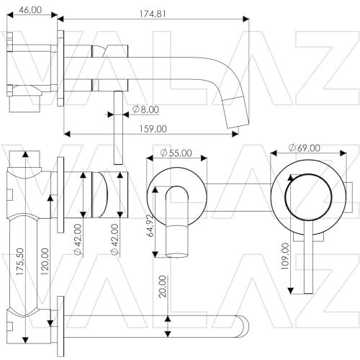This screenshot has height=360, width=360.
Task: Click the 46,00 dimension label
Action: point(30,10)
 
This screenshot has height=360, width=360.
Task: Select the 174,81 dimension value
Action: point(153,14)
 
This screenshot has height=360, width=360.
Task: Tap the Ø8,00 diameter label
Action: point(145,109)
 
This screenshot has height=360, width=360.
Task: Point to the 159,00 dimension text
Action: point(153,129)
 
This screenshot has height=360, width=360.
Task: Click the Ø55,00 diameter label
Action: point(176,153)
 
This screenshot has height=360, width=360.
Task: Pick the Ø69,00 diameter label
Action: point(305,148)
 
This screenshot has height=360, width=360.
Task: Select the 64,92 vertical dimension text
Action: point(150,225)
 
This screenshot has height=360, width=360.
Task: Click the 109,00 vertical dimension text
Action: point(285,256)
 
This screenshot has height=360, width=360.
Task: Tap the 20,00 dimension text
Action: point(163,287)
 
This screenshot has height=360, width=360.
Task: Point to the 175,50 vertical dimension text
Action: point(20,261)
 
